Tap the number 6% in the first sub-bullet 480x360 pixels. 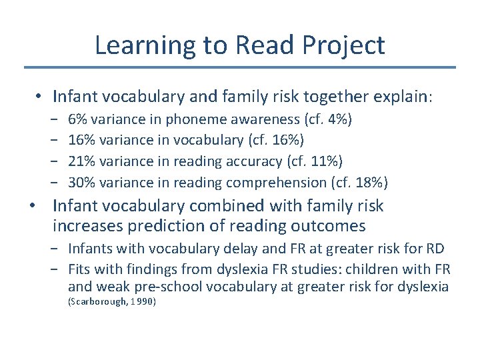click(77, 119)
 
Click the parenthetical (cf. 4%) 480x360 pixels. click(328, 119)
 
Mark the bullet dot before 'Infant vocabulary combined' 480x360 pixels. click(33, 206)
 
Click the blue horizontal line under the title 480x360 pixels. click(240, 67)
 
